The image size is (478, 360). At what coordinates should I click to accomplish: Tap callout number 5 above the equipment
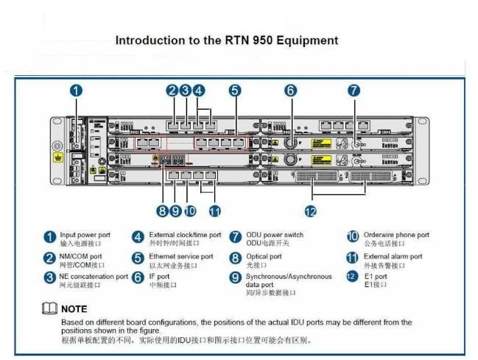234,91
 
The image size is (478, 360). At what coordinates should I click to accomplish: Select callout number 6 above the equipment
291,91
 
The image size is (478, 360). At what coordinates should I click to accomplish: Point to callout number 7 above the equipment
354,91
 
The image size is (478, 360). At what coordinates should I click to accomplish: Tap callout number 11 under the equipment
214,211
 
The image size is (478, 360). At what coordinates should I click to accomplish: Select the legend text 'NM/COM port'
81,256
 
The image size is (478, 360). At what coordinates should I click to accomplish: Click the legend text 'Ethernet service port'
180,256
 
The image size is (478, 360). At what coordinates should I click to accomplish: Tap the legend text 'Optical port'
264,256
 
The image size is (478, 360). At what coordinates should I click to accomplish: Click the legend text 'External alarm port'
393,256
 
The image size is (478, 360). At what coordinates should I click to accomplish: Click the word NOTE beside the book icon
74,309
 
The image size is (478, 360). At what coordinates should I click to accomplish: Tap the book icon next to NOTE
49,309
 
